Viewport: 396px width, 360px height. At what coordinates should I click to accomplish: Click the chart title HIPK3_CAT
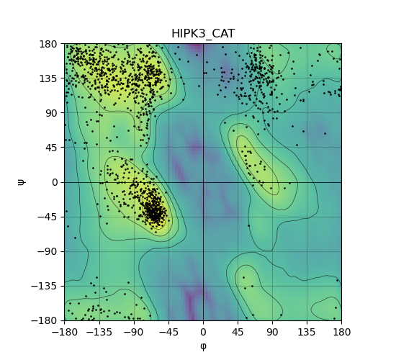point(203,34)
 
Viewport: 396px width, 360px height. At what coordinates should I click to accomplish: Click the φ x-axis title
point(203,347)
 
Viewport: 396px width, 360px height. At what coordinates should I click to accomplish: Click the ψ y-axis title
point(22,182)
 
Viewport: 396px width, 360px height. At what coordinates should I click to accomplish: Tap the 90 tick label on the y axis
point(52,113)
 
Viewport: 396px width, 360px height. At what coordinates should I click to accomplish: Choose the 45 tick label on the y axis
point(52,148)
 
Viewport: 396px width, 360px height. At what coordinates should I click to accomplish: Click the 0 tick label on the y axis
point(55,182)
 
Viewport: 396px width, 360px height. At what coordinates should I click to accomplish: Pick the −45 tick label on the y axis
point(48,217)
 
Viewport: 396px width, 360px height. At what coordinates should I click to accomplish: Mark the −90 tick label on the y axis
point(48,251)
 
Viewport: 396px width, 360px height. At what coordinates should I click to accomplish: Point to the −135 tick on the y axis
point(44,287)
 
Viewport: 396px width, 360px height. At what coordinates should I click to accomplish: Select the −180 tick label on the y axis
point(44,320)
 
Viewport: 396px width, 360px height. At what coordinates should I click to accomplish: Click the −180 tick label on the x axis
point(65,332)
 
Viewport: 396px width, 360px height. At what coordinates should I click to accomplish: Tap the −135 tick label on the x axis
point(99,332)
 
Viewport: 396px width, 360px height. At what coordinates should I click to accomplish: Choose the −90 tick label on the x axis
point(134,332)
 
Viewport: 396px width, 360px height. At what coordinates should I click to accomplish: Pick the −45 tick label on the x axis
point(168,332)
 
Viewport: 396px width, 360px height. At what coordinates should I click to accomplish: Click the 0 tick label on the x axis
point(203,332)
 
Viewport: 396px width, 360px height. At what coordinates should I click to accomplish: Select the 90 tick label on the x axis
point(272,332)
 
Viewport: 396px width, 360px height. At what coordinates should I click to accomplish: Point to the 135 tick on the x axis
point(307,332)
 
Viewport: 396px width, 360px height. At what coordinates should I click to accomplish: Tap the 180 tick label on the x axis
point(341,332)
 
